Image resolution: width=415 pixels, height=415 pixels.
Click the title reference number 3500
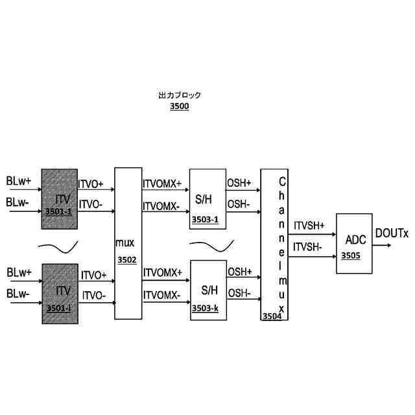(x=179, y=106)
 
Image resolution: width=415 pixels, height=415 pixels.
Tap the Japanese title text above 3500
(x=180, y=95)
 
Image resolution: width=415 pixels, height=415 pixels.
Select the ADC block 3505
(x=356, y=233)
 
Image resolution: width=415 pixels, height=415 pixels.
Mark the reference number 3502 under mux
(x=127, y=259)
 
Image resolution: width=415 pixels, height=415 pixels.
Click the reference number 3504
(x=271, y=316)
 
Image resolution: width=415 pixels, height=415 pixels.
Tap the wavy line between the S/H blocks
(x=211, y=245)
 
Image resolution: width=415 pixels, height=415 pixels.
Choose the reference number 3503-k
(x=205, y=309)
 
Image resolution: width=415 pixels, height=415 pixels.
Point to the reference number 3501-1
(x=58, y=212)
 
